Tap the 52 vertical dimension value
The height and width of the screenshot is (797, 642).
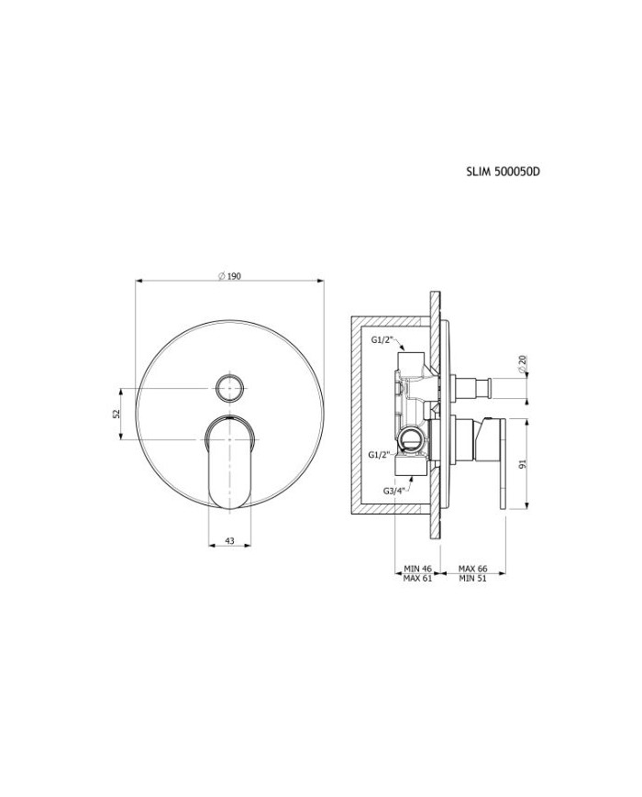point(116,415)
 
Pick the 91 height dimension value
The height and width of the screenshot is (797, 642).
point(524,464)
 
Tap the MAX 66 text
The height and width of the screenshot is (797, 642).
point(472,570)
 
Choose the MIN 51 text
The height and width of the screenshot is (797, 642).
point(472,580)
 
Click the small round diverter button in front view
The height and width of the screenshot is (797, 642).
point(230,388)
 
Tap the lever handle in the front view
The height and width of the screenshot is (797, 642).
point(230,463)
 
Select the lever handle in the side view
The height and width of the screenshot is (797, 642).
point(503,463)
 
